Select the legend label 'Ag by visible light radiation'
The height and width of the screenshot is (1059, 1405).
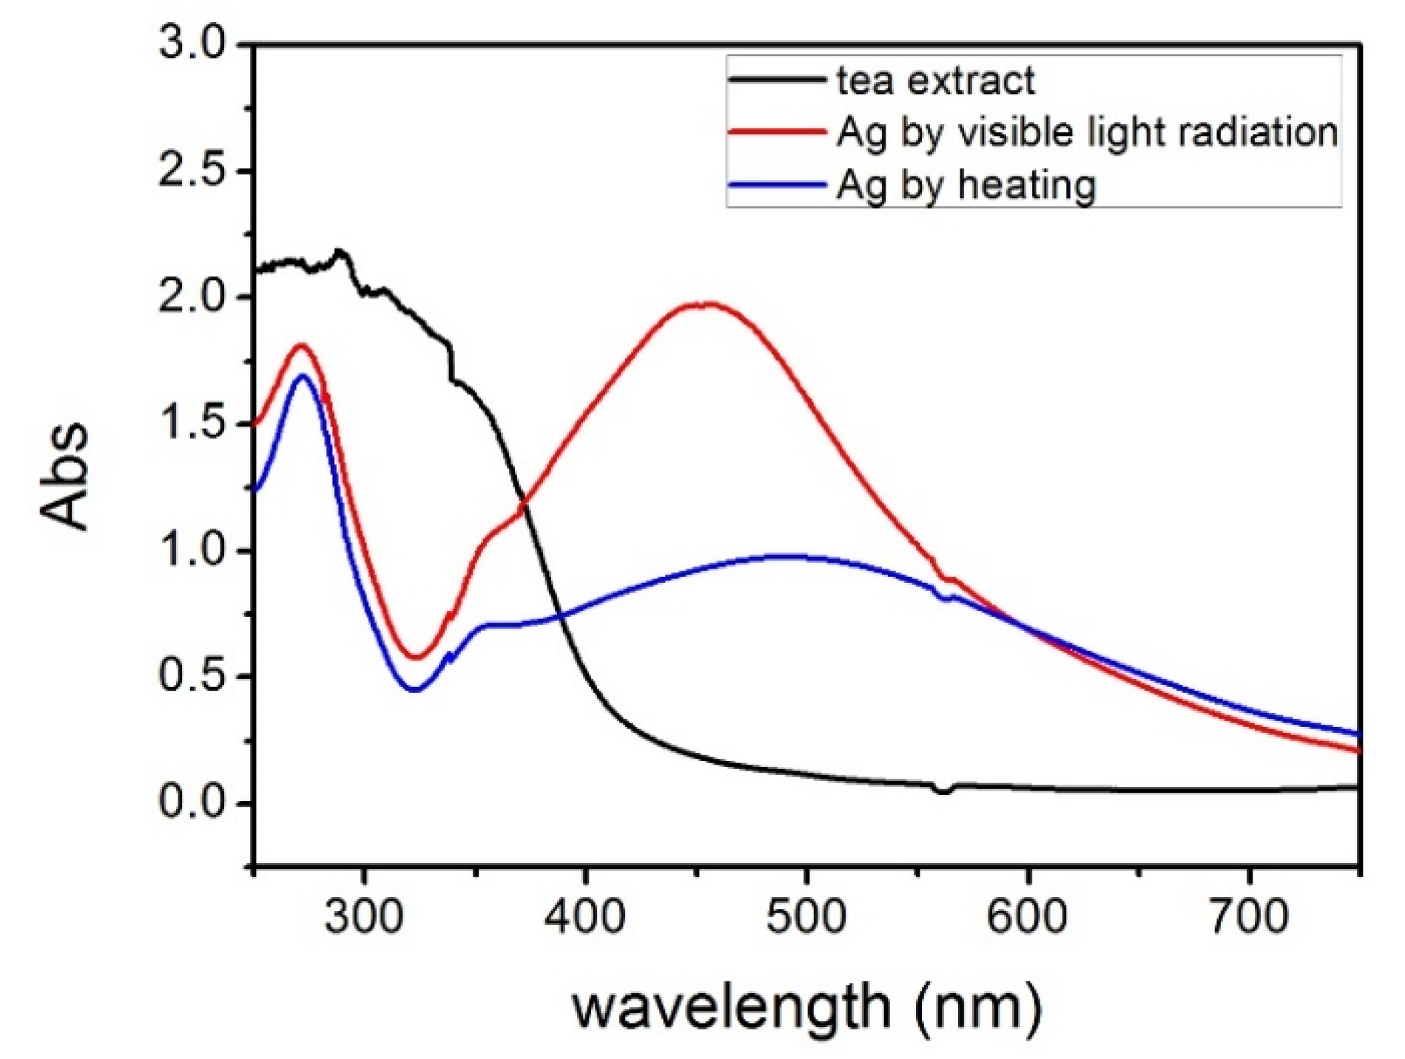[x=1088, y=133]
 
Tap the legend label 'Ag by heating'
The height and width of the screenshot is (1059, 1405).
[x=966, y=185]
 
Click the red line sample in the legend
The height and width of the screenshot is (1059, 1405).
[x=777, y=132]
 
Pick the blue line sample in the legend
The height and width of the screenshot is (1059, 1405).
[x=777, y=184]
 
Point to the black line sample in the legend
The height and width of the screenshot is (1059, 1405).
[x=777, y=79]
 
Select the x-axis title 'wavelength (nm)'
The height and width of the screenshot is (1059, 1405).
[x=806, y=1007]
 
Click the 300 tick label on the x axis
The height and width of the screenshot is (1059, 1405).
[x=364, y=917]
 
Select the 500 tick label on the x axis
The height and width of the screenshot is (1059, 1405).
[x=806, y=917]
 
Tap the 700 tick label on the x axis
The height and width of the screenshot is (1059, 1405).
[x=1249, y=917]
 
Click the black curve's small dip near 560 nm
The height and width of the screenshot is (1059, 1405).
[x=943, y=791]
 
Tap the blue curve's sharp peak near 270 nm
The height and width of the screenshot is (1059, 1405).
[x=302, y=376]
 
